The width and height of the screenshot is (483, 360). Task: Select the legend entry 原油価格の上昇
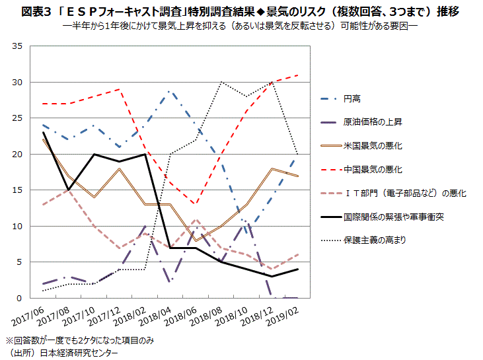371,122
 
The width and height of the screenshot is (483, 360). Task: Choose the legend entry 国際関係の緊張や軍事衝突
392,216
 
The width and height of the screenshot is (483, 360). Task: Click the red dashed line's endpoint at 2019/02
298,75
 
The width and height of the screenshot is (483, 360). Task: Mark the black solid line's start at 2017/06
42,133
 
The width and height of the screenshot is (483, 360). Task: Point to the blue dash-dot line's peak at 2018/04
170,91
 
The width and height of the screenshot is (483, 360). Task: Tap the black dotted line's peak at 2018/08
221,83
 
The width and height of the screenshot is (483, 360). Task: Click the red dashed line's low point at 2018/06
196,204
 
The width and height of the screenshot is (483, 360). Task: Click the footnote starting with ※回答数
79,341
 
